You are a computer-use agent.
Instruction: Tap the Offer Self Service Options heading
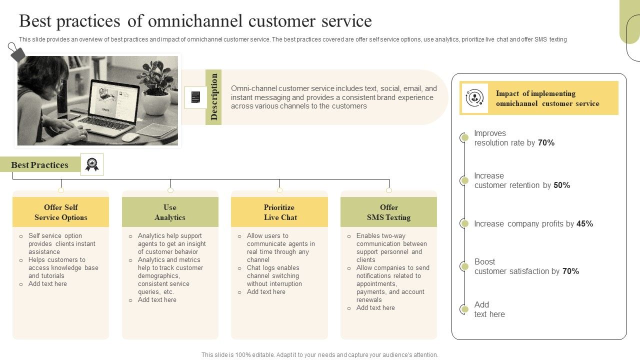coord(60,212)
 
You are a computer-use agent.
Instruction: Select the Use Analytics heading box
coord(170,212)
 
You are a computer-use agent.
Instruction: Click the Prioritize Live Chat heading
coord(279,212)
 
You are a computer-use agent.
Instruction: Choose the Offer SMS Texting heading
coord(388,212)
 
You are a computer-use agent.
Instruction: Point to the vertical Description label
coord(214,97)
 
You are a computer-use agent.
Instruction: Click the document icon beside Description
coord(195,97)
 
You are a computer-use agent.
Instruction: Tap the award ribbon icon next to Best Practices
coord(92,164)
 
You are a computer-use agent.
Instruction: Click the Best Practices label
coord(40,165)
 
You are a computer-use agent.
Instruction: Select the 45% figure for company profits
coord(584,224)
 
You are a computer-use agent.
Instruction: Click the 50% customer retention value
coord(562,185)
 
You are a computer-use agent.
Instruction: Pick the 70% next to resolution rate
coord(546,143)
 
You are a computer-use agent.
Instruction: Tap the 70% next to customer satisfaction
coord(570,271)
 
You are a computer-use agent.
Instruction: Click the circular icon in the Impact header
coord(474,98)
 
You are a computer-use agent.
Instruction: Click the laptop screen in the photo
coord(113,101)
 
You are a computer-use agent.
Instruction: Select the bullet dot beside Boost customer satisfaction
coord(464,266)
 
